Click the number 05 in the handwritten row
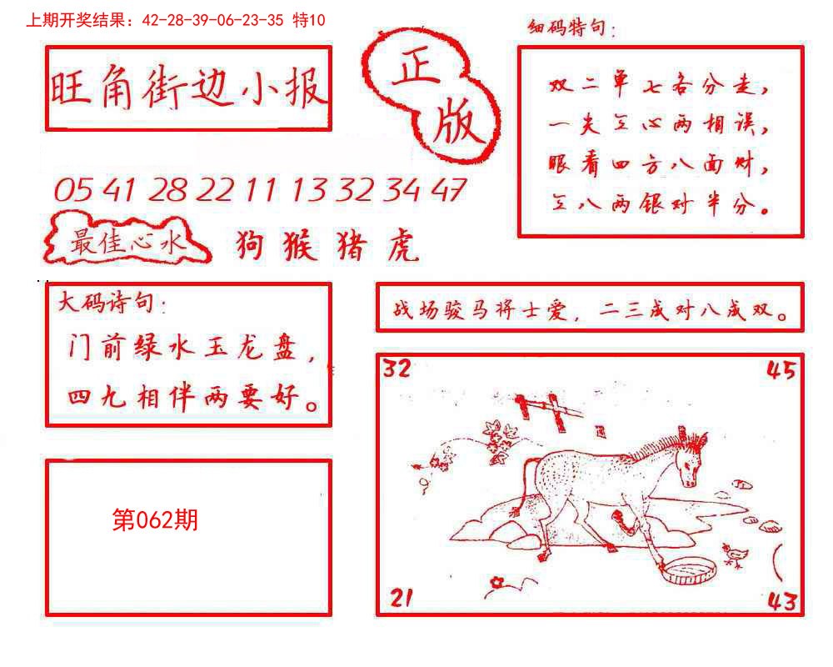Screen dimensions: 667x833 click(73, 191)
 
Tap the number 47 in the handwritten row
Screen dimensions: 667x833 click(448, 191)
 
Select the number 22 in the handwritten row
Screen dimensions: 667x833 click(216, 191)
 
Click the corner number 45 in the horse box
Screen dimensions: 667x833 click(781, 370)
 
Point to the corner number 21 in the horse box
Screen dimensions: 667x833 click(401, 597)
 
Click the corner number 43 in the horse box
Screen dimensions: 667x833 click(781, 599)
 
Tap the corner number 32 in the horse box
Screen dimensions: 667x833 click(397, 369)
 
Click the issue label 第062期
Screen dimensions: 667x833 click(155, 521)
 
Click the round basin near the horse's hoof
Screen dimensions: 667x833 click(688, 571)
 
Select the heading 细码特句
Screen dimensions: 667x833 click(571, 29)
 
